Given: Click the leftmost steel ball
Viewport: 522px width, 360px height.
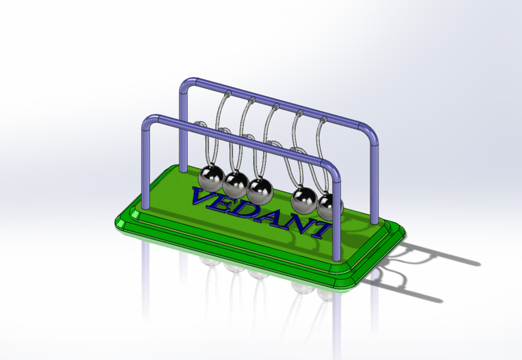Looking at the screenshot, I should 211,177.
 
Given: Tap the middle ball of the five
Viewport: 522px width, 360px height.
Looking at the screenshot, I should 260,190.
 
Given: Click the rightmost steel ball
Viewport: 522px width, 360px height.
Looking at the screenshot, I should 329,206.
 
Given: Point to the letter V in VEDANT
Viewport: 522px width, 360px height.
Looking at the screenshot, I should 203,197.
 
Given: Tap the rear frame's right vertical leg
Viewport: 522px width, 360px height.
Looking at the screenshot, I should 374,180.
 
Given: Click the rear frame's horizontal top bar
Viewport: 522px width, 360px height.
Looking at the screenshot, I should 281,104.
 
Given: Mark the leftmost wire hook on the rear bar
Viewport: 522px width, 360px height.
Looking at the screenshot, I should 229,92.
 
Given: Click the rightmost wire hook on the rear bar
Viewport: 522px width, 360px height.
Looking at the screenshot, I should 323,119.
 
